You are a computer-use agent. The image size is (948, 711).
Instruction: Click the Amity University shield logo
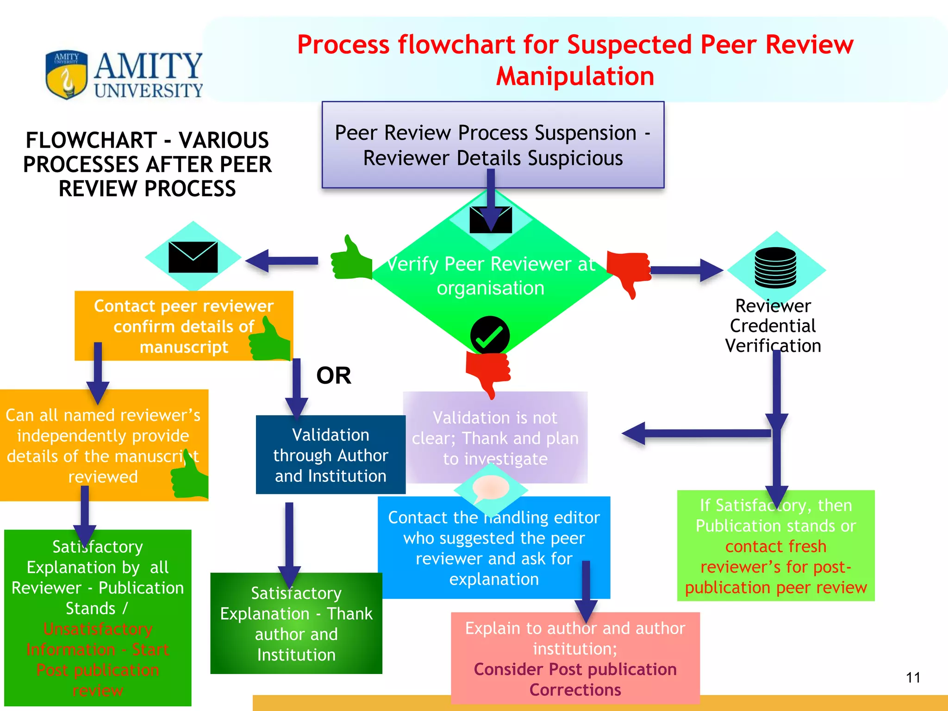pos(66,74)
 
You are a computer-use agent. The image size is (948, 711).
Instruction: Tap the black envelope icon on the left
pos(193,257)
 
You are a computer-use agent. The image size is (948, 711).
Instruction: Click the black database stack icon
pos(775,268)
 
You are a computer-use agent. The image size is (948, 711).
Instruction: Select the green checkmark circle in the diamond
pos(490,335)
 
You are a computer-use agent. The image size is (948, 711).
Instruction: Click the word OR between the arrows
pos(334,375)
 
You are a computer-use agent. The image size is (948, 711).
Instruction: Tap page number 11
pos(913,678)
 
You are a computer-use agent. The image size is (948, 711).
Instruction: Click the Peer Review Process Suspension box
pos(493,144)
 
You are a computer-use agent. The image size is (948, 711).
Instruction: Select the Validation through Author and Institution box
pos(331,455)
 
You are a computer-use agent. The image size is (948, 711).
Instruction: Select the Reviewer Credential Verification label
pos(773,326)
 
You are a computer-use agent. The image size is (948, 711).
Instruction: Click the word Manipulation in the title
pos(575,76)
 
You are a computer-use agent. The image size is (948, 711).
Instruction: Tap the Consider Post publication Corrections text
pos(575,680)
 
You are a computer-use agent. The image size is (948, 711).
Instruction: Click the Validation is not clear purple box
pos(495,437)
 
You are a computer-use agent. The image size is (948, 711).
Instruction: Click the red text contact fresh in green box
pos(775,546)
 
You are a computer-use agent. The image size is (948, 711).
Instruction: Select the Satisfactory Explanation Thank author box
pos(296,624)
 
